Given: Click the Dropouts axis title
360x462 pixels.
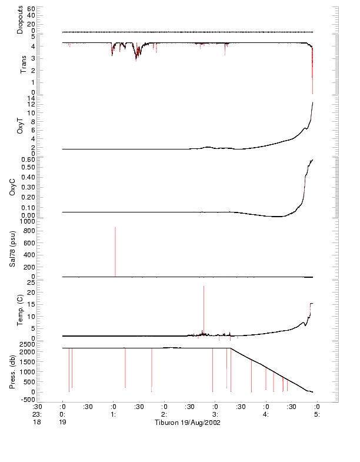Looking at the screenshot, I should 20,19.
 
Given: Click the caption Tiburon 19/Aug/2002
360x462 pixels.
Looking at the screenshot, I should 187,423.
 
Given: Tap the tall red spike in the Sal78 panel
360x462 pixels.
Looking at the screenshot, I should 115,251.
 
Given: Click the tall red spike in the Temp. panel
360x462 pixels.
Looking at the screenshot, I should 204,309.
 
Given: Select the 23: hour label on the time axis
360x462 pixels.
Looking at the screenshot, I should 37,414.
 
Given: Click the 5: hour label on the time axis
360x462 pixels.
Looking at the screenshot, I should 317,414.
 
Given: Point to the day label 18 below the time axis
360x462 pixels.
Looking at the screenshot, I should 37,423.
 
